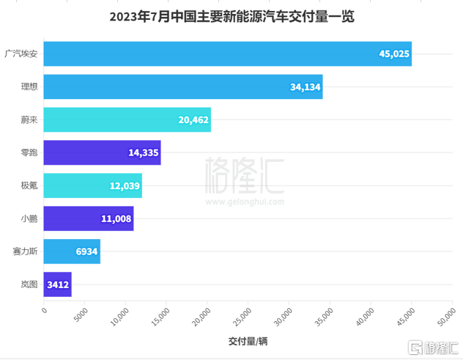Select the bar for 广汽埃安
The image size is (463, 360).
coord(227,54)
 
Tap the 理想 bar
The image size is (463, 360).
coord(183,87)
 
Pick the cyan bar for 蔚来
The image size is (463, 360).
coord(127,120)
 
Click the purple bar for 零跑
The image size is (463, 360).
coord(102,153)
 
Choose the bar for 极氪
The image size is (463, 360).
coord(93,185)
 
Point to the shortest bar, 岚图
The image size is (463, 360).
coord(57,284)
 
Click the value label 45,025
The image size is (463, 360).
coord(394,54)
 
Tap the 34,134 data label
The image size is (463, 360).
coord(305,87)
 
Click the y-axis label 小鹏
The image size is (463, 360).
coord(29,218)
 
